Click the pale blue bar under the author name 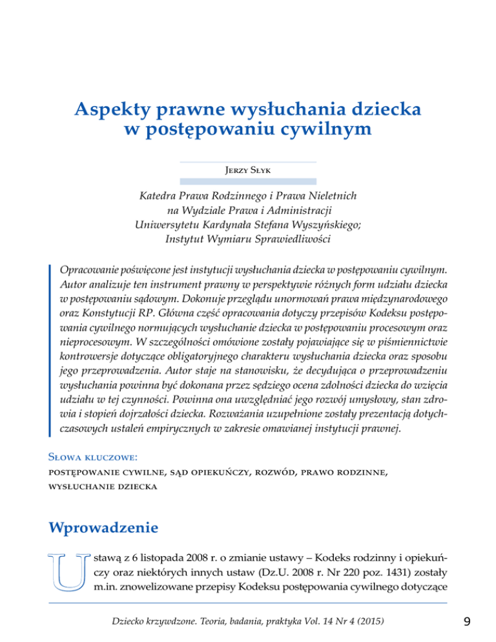(248, 182)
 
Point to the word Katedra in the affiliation (162, 196)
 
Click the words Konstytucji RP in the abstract (112, 313)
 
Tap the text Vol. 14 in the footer (330, 621)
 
